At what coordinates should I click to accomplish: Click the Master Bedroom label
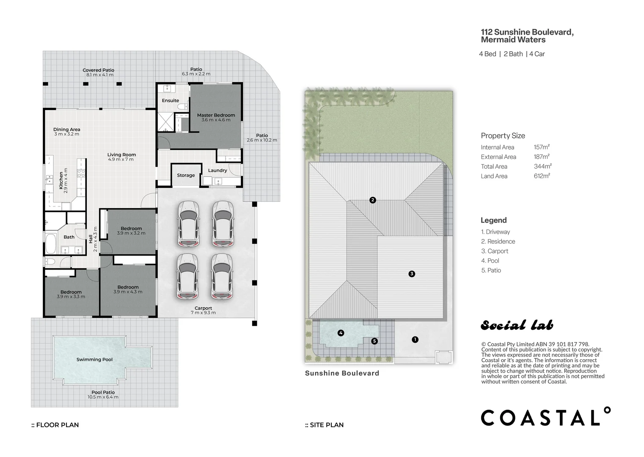[x=216, y=115]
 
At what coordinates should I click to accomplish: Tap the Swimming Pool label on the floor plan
[x=94, y=360]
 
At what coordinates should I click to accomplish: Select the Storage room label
[x=186, y=175]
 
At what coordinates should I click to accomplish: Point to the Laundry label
[x=217, y=171]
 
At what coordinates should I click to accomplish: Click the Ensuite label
[x=171, y=101]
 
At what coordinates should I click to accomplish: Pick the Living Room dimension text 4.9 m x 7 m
[x=121, y=160]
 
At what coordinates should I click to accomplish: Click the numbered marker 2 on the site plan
[x=373, y=200]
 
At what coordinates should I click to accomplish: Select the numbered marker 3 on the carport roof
[x=412, y=274]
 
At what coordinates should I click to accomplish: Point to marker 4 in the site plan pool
[x=341, y=333]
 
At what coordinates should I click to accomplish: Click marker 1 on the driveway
[x=415, y=339]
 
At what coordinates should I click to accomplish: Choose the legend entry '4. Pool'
[x=490, y=261]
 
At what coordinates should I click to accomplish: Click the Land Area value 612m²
[x=542, y=176]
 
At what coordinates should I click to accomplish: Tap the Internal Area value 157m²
[x=542, y=147]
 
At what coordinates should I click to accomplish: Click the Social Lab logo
[x=517, y=325]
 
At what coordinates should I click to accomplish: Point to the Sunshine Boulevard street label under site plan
[x=342, y=373]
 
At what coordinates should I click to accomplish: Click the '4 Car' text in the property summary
[x=537, y=54]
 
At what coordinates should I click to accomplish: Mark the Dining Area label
[x=67, y=129]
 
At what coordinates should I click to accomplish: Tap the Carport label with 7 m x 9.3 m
[x=203, y=308]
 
